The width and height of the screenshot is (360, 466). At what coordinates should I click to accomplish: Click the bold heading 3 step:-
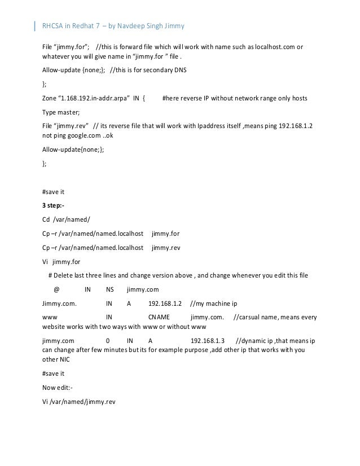(53, 205)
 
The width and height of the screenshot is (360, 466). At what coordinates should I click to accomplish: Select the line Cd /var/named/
(62, 219)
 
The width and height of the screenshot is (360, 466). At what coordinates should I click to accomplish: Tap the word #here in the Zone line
(170, 98)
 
